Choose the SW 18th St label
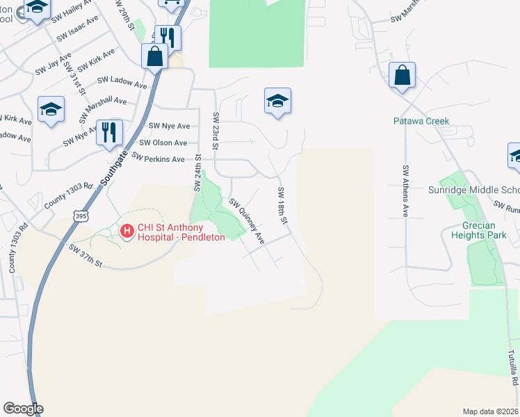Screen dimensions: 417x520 coord(282,206)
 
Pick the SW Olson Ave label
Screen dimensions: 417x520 coord(163,142)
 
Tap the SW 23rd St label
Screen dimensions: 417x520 coord(216,131)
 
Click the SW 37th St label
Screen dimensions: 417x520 coord(86,255)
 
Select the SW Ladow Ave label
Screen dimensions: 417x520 coord(122,83)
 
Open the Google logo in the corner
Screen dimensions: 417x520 coord(23,409)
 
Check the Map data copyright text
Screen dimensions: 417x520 coord(491,411)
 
